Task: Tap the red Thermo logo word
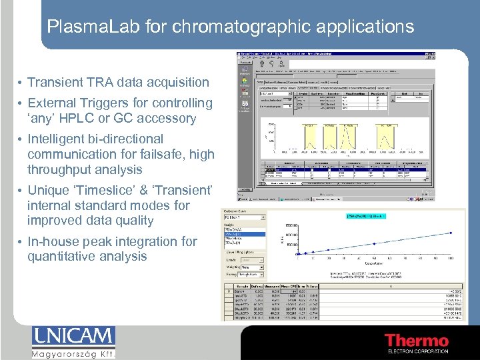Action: tap(417, 341)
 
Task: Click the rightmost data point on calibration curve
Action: tap(451, 233)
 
